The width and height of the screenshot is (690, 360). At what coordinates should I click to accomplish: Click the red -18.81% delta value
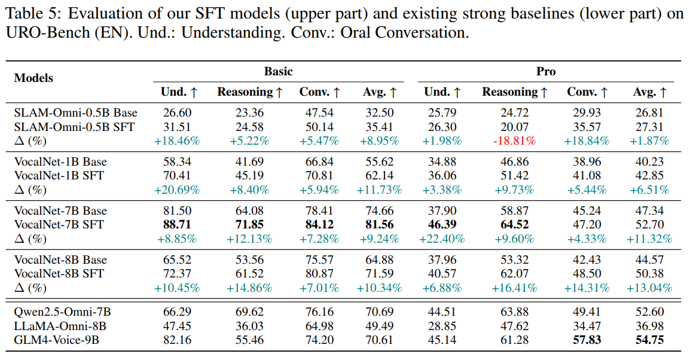click(514, 141)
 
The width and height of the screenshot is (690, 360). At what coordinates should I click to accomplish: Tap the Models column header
click(33, 78)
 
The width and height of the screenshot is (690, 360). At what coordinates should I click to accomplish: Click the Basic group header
click(278, 71)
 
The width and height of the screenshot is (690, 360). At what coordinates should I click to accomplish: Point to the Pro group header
click(545, 71)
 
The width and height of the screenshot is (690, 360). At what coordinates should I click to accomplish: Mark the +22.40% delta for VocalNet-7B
click(442, 239)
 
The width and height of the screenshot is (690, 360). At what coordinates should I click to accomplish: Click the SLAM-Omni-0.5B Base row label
click(75, 112)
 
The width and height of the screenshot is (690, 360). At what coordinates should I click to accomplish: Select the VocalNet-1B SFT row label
click(59, 176)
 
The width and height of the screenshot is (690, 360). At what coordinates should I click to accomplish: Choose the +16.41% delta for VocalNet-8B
click(514, 288)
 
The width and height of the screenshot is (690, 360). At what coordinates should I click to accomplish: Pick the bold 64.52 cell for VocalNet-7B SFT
click(514, 225)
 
